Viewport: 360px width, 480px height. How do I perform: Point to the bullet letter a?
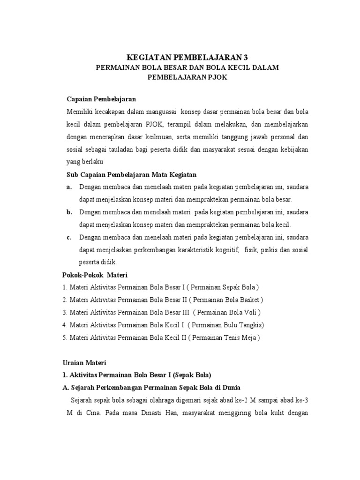[x=69, y=187]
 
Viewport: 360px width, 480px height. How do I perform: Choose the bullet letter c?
[x=69, y=237]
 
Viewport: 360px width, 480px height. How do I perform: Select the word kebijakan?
[x=291, y=149]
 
